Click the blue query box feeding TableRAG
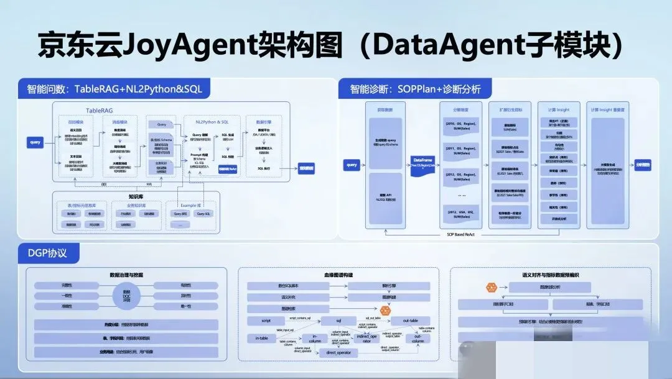click(x=35, y=142)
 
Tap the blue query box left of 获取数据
click(x=352, y=165)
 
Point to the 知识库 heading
click(x=136, y=196)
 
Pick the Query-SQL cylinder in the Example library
click(x=203, y=213)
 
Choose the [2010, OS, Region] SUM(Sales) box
click(x=461, y=126)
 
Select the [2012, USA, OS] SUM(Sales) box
click(x=461, y=214)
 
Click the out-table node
click(x=410, y=321)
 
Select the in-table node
click(x=261, y=338)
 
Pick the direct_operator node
click(x=338, y=353)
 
